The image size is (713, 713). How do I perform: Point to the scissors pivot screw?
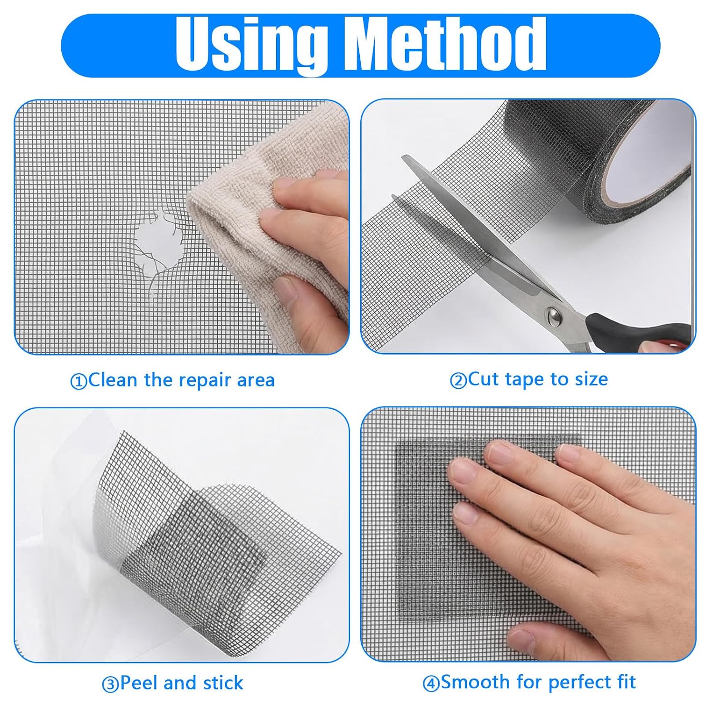[553, 314]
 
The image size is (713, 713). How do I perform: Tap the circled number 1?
[78, 382]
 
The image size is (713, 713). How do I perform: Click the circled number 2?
[458, 381]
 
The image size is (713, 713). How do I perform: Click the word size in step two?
[591, 380]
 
